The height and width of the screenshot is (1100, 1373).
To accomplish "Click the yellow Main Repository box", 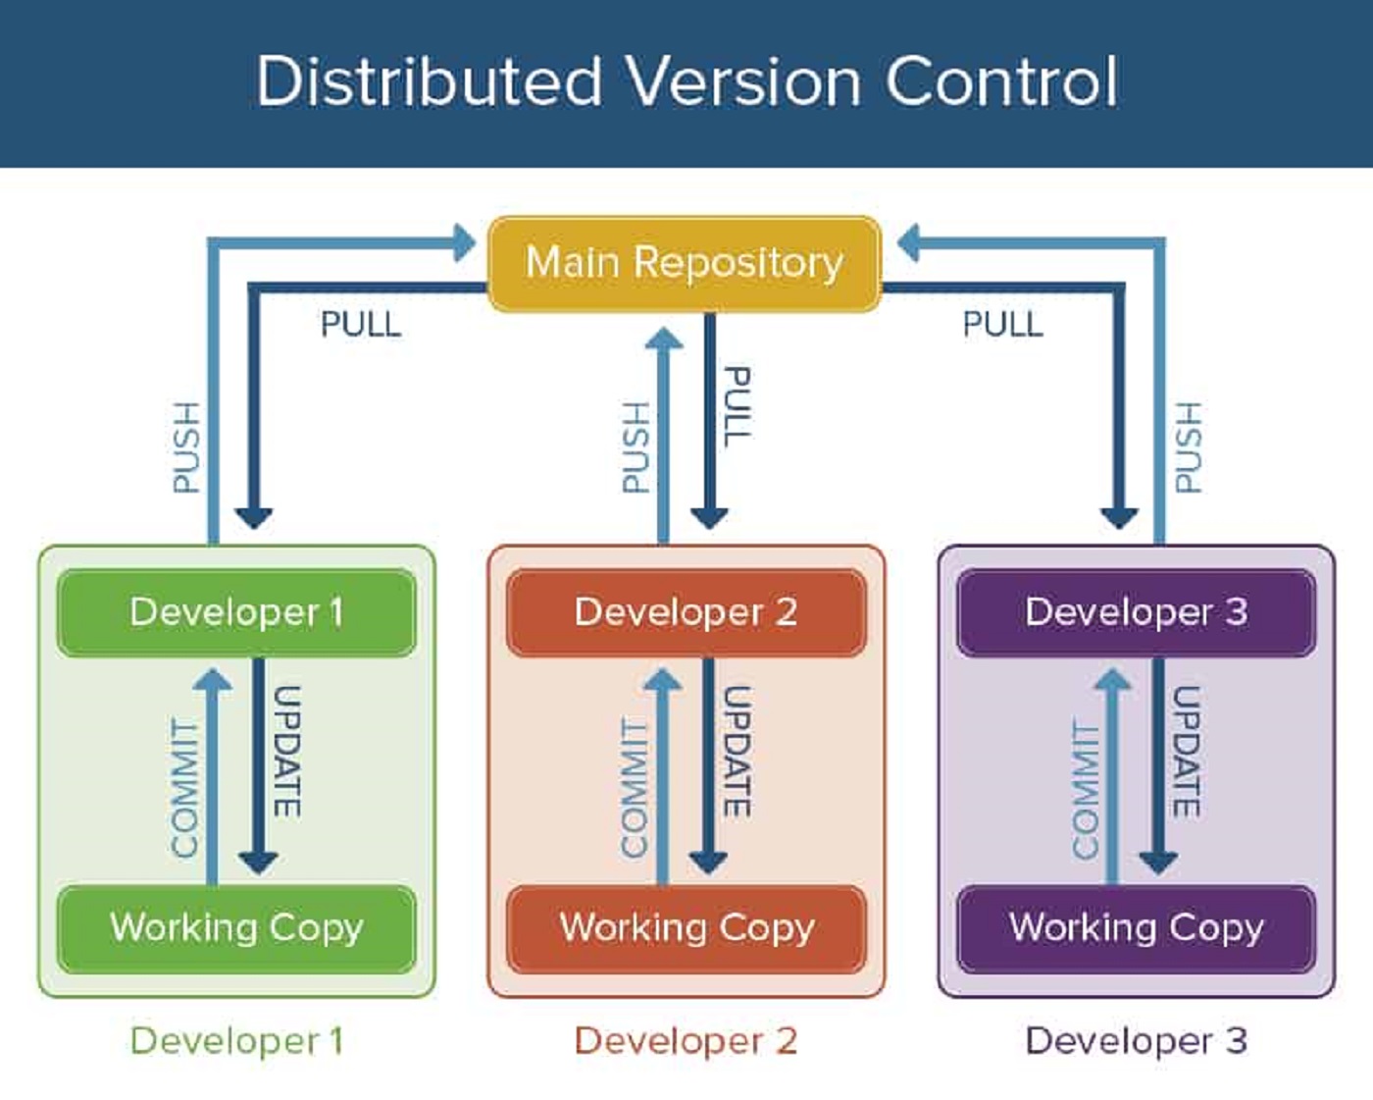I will pyautogui.click(x=685, y=263).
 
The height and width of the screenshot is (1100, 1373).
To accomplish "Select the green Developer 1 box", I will pyautogui.click(x=236, y=612).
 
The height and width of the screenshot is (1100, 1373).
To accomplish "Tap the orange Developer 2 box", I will pyautogui.click(x=686, y=612).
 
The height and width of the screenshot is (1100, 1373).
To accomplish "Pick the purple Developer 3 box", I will pyautogui.click(x=1136, y=612).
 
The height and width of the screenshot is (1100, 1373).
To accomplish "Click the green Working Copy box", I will pyautogui.click(x=236, y=927).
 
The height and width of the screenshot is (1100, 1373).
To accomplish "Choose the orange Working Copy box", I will pyautogui.click(x=686, y=927).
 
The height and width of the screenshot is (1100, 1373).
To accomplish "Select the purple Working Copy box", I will pyautogui.click(x=1136, y=927).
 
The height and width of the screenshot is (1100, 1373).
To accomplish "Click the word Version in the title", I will pyautogui.click(x=744, y=81).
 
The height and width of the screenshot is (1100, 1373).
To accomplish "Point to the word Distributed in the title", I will pyautogui.click(x=429, y=81).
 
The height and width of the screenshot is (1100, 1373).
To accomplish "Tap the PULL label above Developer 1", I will pyautogui.click(x=361, y=325).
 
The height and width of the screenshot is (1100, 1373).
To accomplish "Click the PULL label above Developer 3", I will pyautogui.click(x=1002, y=325).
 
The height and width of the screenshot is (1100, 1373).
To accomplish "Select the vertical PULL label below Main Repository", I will pyautogui.click(x=737, y=406).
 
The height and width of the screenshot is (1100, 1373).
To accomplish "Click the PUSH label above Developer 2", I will pyautogui.click(x=636, y=446).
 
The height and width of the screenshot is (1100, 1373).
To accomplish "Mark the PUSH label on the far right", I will pyautogui.click(x=1188, y=446).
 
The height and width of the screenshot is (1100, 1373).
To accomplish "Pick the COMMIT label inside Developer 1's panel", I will pyautogui.click(x=184, y=788).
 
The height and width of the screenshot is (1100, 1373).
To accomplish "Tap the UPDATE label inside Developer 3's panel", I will pyautogui.click(x=1187, y=752).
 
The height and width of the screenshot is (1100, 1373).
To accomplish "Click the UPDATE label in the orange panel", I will pyautogui.click(x=737, y=752).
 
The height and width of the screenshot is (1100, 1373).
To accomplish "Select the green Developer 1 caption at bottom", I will pyautogui.click(x=236, y=1041).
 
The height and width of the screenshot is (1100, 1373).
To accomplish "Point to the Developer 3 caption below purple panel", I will pyautogui.click(x=1136, y=1041).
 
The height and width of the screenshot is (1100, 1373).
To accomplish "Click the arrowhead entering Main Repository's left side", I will pyautogui.click(x=465, y=242).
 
